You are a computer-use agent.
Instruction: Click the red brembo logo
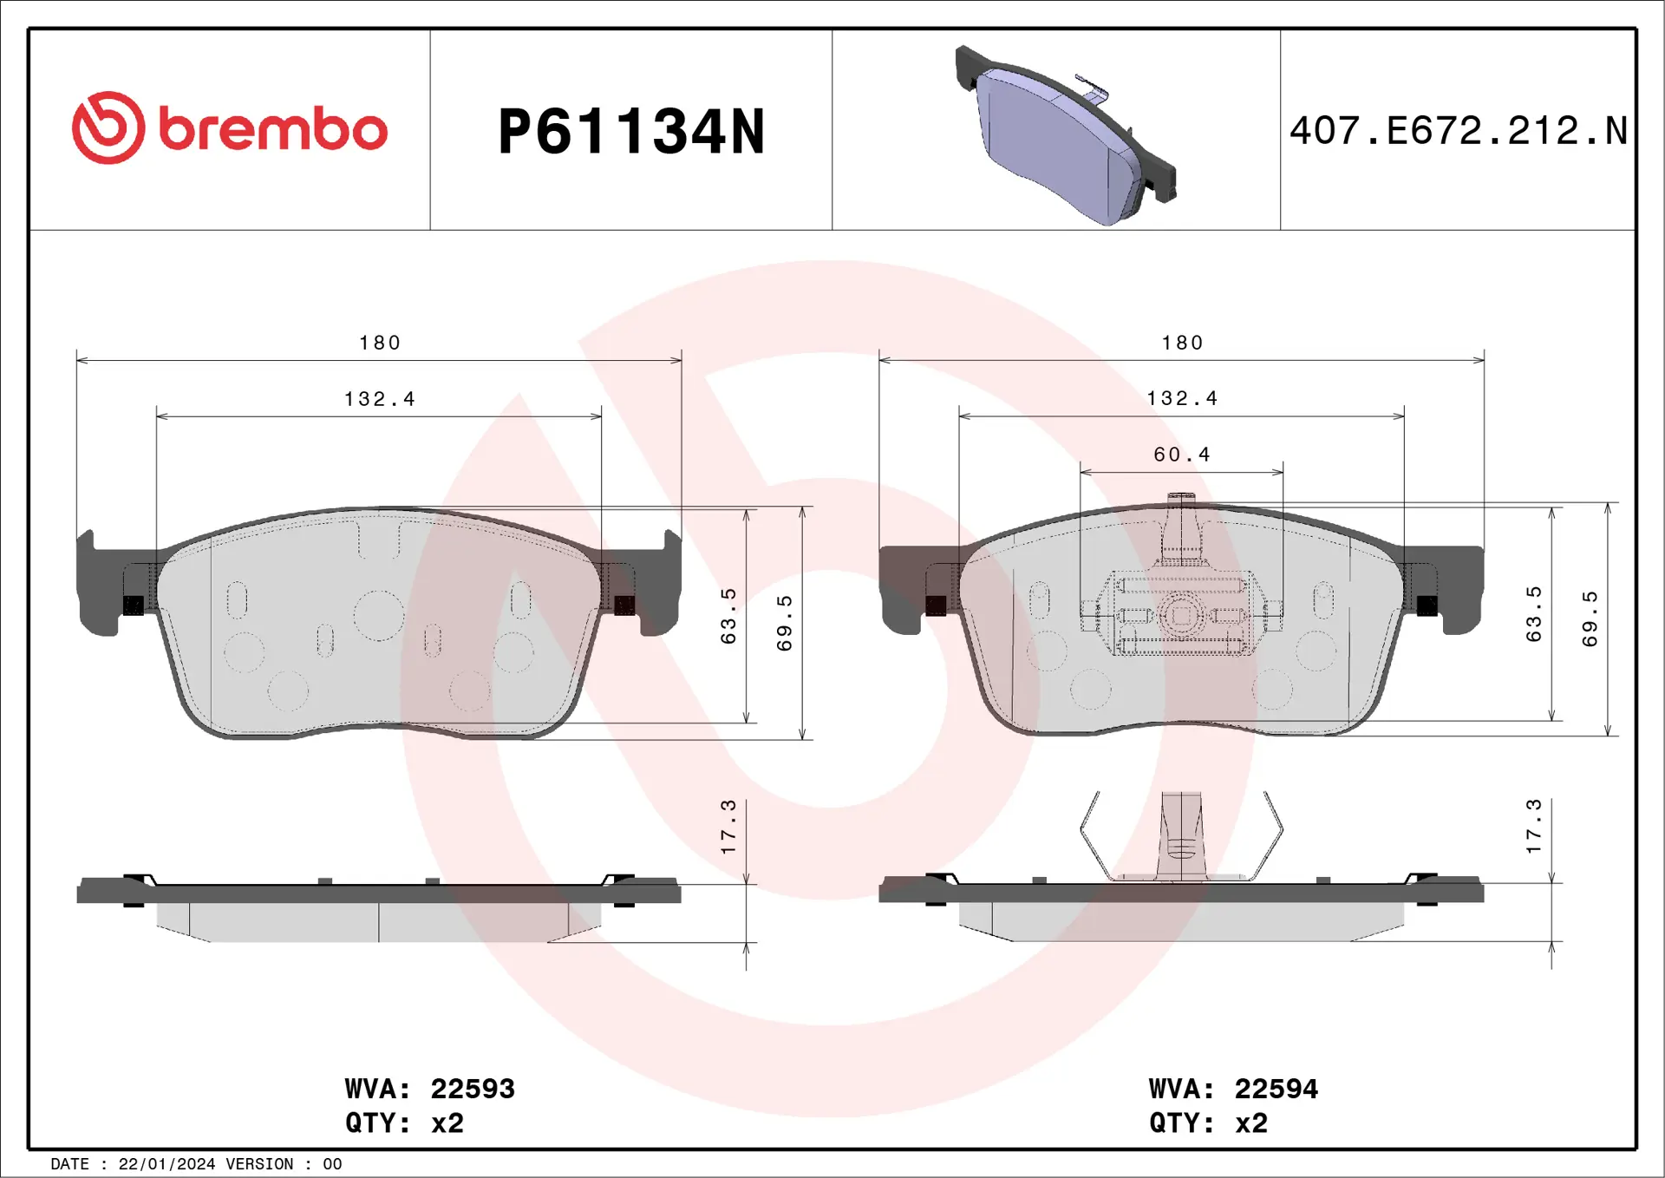pyautogui.click(x=230, y=128)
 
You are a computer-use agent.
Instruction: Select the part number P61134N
pyautogui.click(x=631, y=132)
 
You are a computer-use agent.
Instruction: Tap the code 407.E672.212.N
pyautogui.click(x=1459, y=131)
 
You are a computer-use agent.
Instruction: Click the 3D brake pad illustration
pyautogui.click(x=1066, y=136)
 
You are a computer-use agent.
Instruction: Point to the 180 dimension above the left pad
pyautogui.click(x=380, y=343)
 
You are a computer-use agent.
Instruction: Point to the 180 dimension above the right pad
pyautogui.click(x=1182, y=343)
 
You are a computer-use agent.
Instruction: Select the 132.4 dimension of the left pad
pyautogui.click(x=380, y=399)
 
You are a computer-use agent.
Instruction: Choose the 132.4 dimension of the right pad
pyautogui.click(x=1182, y=398)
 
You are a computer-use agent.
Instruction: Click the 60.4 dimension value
pyautogui.click(x=1182, y=455)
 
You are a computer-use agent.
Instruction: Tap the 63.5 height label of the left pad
pyautogui.click(x=728, y=616)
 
